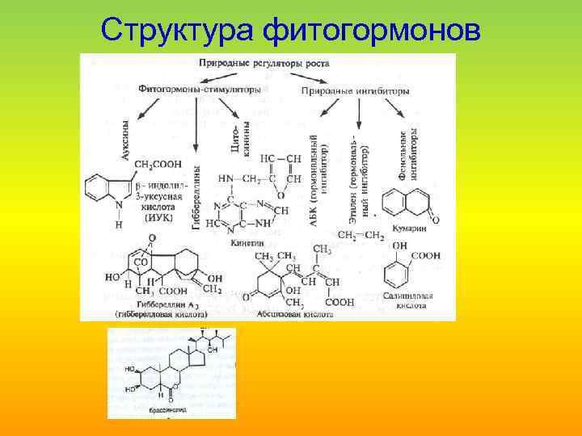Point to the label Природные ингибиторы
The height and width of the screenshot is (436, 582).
coord(355,91)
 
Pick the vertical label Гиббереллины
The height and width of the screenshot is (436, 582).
coord(196,198)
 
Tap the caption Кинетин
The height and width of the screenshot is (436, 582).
coord(247,241)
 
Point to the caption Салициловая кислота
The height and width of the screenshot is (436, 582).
coord(409,300)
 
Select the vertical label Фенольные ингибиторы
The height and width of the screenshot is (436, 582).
coord(407,153)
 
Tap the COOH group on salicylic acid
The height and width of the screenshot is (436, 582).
coord(427,256)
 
